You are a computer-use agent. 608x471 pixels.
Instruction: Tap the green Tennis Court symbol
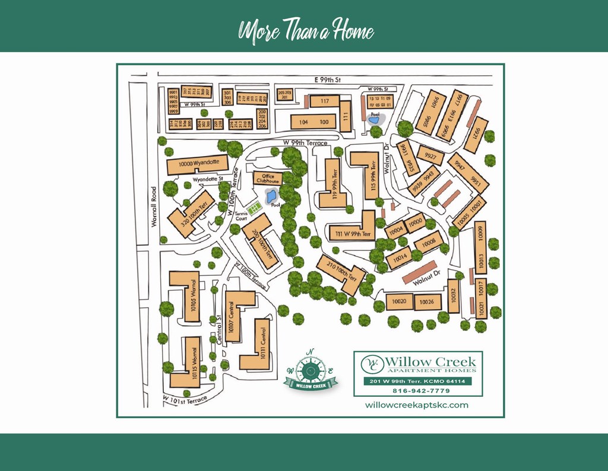[255, 208]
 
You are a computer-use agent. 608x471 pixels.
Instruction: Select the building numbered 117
[324, 101]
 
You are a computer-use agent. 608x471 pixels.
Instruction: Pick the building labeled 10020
[399, 301]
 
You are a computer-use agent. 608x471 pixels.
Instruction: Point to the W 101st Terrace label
[185, 399]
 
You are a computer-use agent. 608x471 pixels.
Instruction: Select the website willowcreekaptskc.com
[417, 405]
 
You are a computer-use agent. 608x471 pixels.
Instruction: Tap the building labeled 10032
[454, 295]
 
